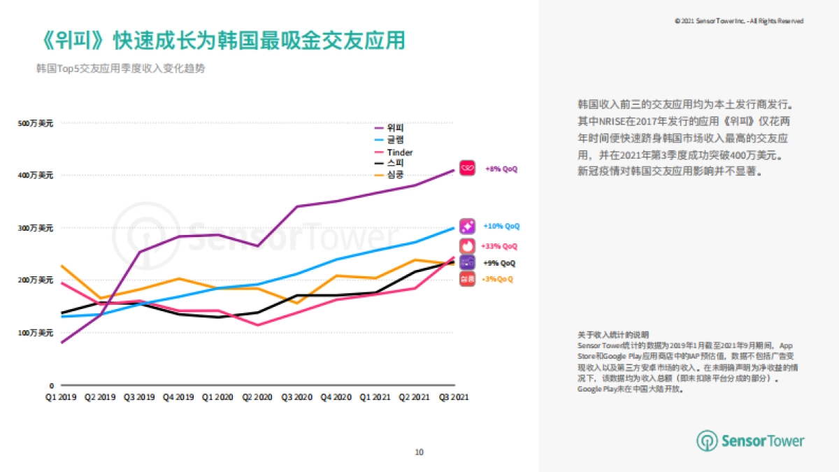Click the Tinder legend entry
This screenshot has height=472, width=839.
click(399, 152)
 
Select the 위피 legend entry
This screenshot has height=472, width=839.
click(394, 128)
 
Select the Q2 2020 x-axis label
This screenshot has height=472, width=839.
click(258, 396)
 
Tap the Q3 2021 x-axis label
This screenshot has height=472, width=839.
click(454, 396)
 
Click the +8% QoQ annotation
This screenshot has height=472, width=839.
click(501, 169)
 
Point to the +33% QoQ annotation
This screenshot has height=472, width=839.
click(500, 246)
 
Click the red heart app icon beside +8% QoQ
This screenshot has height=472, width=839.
click(467, 169)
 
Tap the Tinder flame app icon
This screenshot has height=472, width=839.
click(467, 246)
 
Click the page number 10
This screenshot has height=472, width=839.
click(419, 452)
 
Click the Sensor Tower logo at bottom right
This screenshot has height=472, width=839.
click(750, 441)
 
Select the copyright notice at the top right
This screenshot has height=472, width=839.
click(738, 22)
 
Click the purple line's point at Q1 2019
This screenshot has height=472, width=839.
click(62, 343)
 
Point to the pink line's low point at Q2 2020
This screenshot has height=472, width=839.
click(258, 325)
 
